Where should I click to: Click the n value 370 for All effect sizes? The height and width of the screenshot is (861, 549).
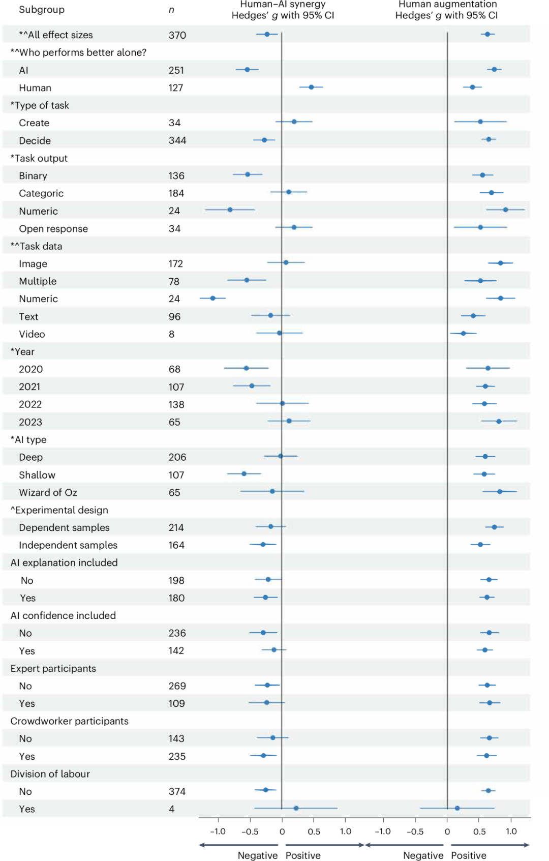point(177,35)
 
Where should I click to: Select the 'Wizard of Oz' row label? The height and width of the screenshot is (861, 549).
point(48,492)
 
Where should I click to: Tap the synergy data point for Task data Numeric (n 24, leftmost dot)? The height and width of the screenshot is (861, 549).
point(212,298)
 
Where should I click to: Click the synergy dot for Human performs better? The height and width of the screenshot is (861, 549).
point(311,87)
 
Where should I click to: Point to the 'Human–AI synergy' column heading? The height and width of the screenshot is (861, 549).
point(283,5)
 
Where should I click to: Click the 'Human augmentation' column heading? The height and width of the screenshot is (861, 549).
point(447,5)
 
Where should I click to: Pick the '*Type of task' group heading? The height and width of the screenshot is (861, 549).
point(40,105)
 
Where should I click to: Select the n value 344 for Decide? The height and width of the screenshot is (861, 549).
point(177,140)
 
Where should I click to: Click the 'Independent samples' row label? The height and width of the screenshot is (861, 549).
point(68,545)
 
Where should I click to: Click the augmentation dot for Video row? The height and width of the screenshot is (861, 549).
point(463,333)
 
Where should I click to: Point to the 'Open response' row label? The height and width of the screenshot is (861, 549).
point(53,229)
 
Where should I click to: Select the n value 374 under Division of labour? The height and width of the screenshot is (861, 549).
point(177,791)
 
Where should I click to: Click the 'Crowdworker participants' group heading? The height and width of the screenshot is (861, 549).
point(69,721)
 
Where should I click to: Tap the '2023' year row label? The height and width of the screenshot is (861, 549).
point(30,422)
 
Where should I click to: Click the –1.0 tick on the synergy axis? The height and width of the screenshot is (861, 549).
point(218,832)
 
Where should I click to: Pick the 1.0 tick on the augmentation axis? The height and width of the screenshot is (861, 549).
point(511,832)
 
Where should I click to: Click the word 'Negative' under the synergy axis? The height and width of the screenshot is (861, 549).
point(258,855)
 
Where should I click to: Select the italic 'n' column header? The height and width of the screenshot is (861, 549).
point(171,10)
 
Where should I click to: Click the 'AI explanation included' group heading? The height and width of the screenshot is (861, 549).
point(64,562)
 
